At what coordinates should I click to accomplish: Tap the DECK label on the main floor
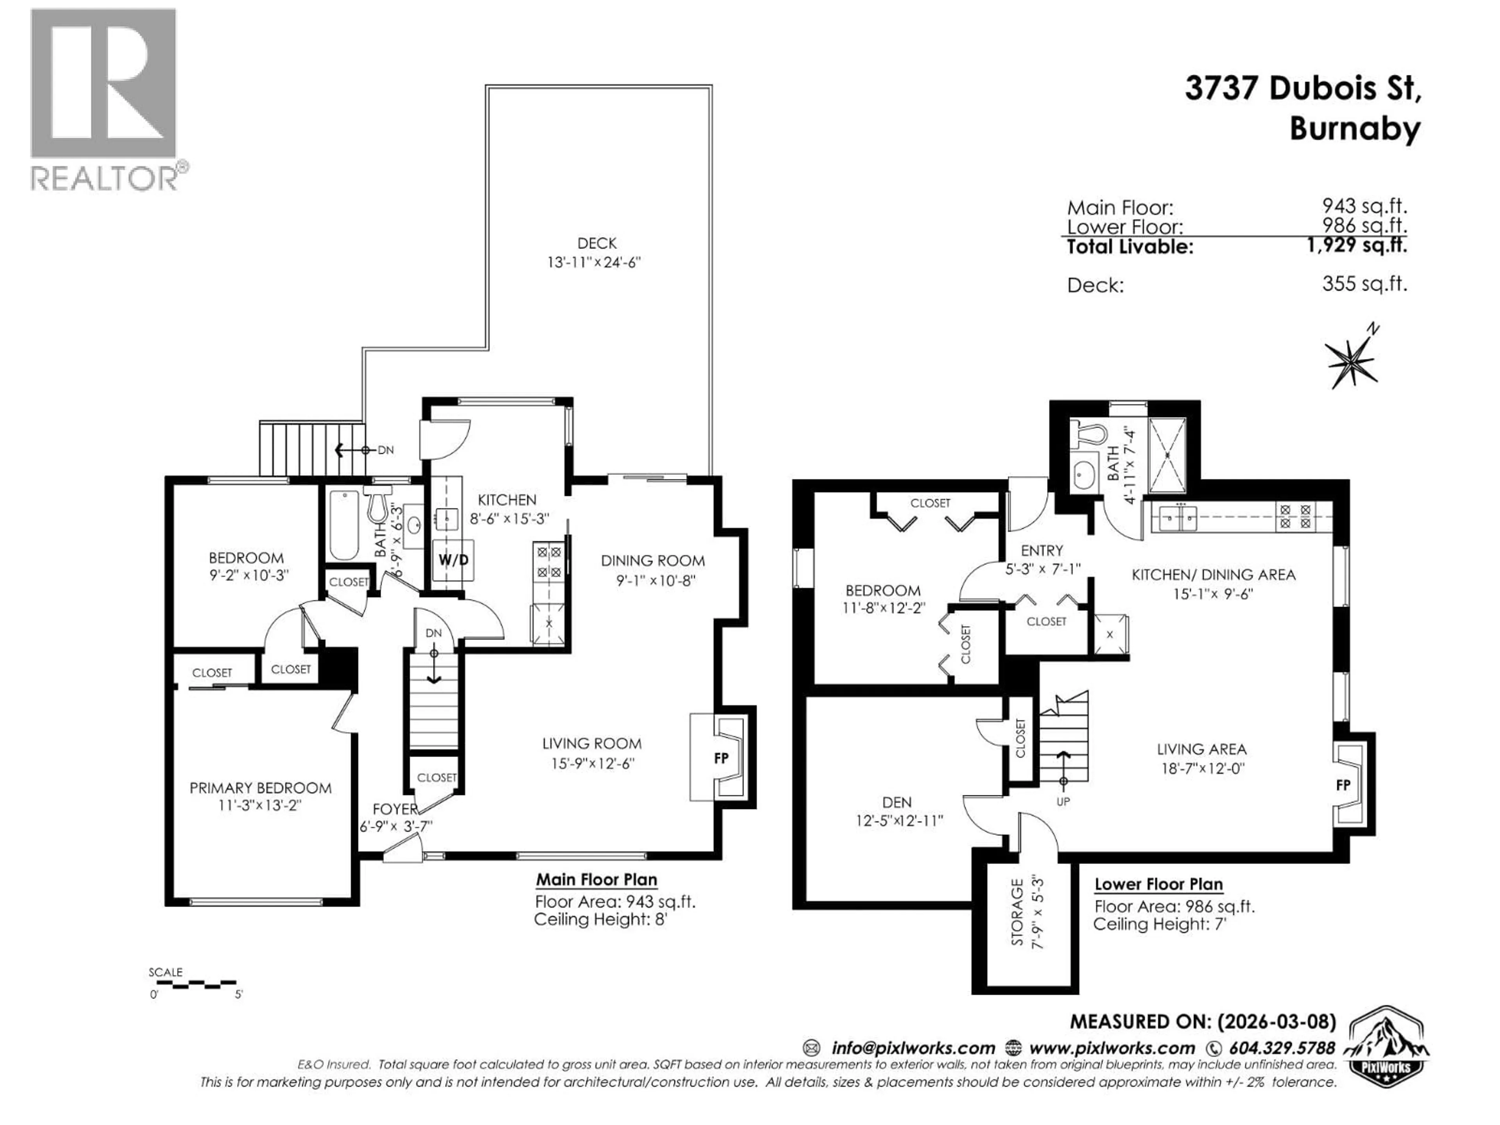[x=597, y=243]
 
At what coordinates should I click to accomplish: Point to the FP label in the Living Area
[x=1343, y=785]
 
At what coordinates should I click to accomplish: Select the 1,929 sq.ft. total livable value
[x=1356, y=245]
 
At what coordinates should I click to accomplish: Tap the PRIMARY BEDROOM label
[x=261, y=788]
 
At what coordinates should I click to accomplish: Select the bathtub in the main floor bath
[x=344, y=523]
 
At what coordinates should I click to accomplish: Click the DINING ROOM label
[x=652, y=561]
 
